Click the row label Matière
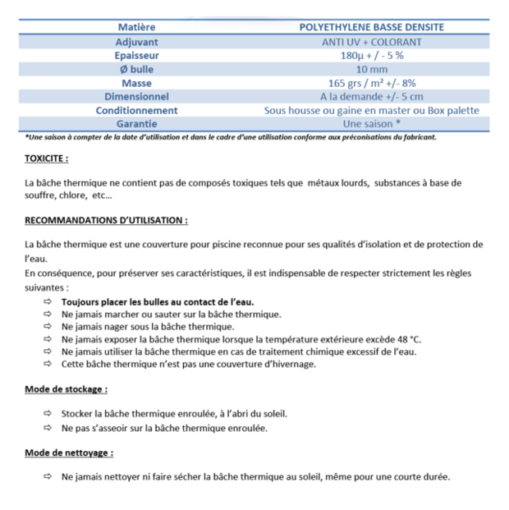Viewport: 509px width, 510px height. [136, 27]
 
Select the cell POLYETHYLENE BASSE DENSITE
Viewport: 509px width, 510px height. [371, 27]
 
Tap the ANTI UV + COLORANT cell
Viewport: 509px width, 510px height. [371, 41]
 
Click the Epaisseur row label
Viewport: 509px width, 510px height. [136, 55]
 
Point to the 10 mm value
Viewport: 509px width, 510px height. [371, 69]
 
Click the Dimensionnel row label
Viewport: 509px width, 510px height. [136, 96]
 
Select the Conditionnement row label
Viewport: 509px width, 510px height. [136, 110]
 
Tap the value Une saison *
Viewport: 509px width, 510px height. [371, 124]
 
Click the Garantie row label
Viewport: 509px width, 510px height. [136, 124]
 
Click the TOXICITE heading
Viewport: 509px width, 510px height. [46, 159]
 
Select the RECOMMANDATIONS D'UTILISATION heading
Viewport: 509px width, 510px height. [106, 221]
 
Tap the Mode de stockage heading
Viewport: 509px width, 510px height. [66, 389]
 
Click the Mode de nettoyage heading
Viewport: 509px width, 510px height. [69, 453]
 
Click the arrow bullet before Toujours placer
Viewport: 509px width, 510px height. [47, 302]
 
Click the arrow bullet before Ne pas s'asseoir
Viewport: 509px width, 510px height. [47, 428]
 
